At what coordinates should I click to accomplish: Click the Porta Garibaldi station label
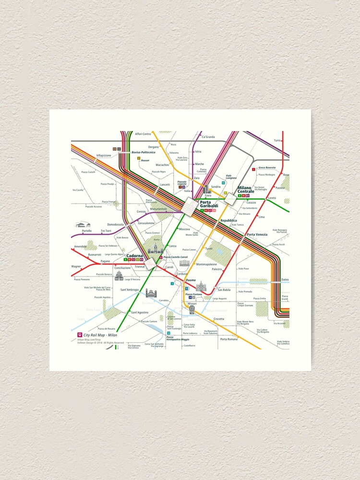[x=209, y=204]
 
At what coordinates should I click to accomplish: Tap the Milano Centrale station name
[x=246, y=190]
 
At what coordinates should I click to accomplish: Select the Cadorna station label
[x=134, y=256]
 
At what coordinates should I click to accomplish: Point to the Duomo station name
[x=191, y=280]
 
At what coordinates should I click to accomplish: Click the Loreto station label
[x=272, y=198]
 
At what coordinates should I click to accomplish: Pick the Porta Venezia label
[x=257, y=234]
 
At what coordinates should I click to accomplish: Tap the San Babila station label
[x=225, y=290]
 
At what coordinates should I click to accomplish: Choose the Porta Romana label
[x=228, y=339]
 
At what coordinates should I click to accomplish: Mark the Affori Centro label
[x=143, y=134]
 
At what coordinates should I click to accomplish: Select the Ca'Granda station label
[x=208, y=137]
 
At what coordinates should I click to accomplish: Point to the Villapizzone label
[x=104, y=156]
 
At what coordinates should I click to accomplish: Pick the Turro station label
[x=277, y=140]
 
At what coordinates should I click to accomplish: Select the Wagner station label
[x=76, y=266]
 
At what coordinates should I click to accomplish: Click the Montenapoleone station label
[x=206, y=264]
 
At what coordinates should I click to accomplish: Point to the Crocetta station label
[x=219, y=319]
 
